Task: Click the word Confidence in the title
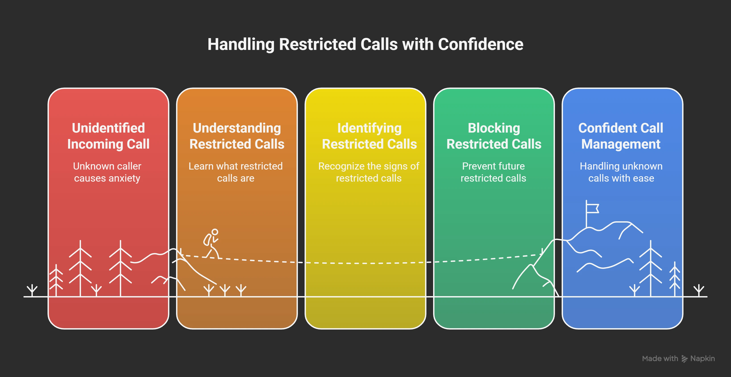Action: [x=480, y=45]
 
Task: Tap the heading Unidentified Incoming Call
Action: [x=108, y=136]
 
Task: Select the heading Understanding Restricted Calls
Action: [x=237, y=136]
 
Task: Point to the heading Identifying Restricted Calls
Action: [x=369, y=136]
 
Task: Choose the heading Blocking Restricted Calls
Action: [x=494, y=136]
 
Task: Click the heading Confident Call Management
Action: [x=621, y=136]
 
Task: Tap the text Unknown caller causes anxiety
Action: [x=107, y=172]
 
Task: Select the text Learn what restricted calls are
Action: [x=236, y=172]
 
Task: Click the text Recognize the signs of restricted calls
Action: [x=369, y=172]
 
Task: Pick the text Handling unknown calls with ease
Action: [x=621, y=172]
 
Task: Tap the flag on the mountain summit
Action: [x=592, y=208]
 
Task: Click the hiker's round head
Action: [x=215, y=232]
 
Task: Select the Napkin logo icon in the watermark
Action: [x=684, y=359]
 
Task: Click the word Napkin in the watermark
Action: [x=702, y=359]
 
